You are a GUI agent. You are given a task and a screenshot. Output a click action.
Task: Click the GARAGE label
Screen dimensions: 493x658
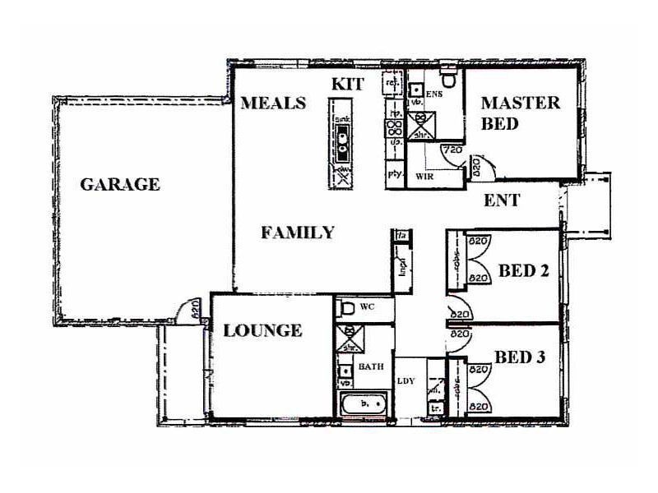click(x=119, y=184)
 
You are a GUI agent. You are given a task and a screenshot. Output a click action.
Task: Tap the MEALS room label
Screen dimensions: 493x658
click(x=273, y=104)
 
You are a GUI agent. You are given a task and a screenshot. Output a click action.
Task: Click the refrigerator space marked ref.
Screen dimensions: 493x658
click(x=393, y=85)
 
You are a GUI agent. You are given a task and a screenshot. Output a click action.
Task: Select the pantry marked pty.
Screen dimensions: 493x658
click(x=393, y=175)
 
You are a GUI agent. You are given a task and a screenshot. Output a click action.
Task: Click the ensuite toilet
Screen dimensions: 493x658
click(x=448, y=81)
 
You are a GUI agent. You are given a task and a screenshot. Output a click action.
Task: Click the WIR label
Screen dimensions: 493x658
click(x=425, y=176)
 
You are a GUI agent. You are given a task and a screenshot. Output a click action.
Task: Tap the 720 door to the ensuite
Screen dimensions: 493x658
click(x=451, y=154)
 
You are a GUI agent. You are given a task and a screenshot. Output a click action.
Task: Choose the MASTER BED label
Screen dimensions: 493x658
click(x=520, y=113)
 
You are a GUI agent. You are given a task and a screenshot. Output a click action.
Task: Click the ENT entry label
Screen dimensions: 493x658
click(x=501, y=200)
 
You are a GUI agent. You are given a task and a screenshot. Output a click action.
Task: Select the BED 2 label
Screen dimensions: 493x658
click(x=524, y=270)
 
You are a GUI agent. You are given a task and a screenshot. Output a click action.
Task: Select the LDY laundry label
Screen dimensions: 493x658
click(x=406, y=380)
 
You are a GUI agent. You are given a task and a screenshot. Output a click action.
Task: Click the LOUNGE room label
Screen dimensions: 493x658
click(x=262, y=330)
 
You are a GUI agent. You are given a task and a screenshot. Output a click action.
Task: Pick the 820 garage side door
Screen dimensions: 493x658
click(x=189, y=311)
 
